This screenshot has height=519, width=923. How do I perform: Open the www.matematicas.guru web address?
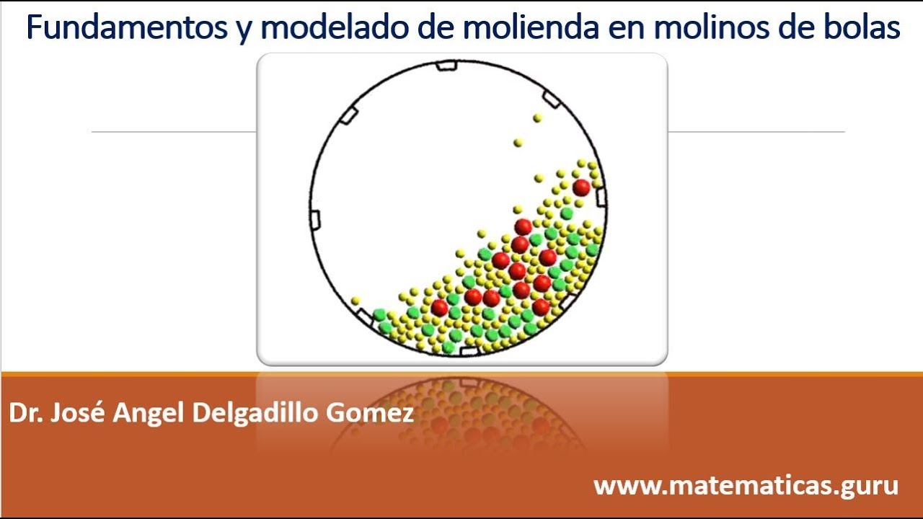click(746, 485)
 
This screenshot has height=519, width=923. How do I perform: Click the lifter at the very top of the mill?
click(446, 66)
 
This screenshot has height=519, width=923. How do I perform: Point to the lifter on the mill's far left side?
click(315, 220)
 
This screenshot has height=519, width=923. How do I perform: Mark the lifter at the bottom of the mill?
click(468, 352)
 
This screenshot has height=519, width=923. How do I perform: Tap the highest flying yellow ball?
click(537, 117)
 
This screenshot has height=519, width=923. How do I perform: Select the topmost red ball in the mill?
click(581, 187)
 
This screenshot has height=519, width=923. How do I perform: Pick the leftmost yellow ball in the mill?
click(355, 300)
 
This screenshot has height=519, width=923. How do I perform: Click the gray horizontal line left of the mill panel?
click(173, 132)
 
